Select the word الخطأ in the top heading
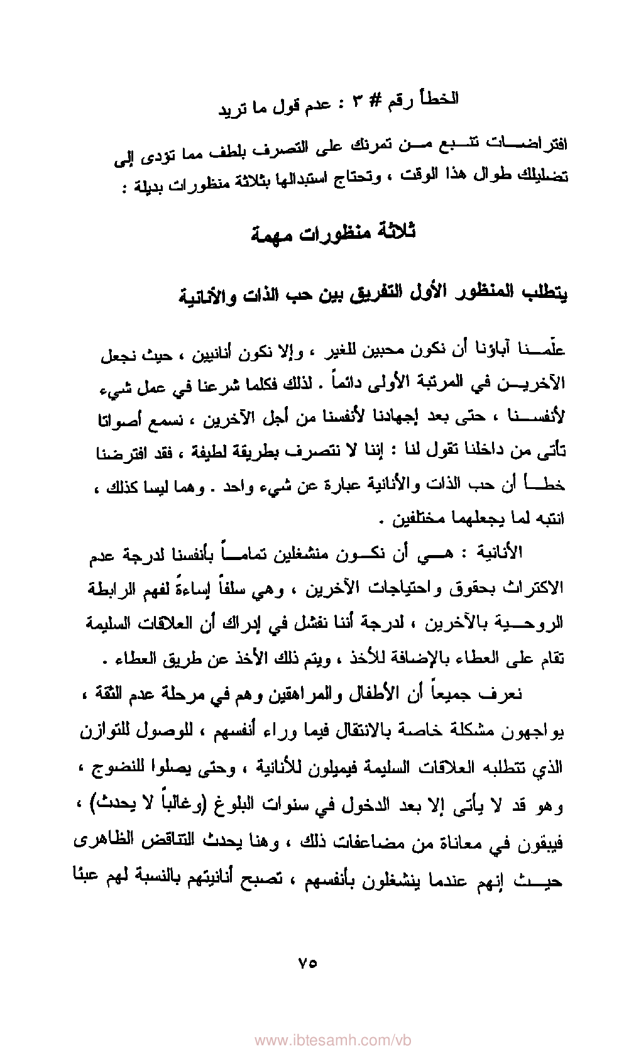[x=439, y=99]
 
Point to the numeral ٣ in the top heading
[x=356, y=103]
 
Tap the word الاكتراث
[x=534, y=590]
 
